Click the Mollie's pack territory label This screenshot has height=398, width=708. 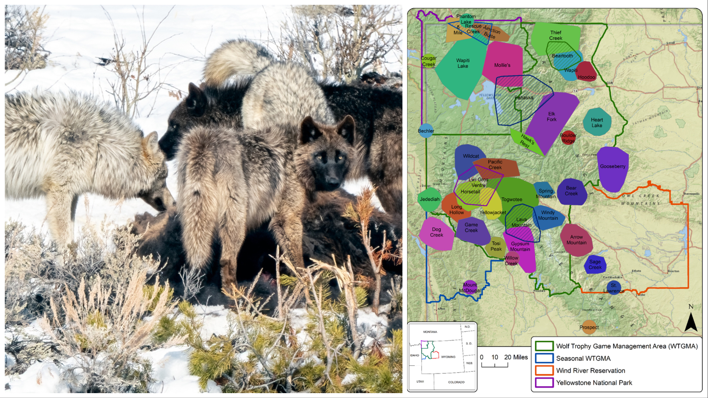point(502,65)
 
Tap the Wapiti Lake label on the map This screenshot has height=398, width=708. point(463,63)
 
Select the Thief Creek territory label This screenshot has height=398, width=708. point(556,35)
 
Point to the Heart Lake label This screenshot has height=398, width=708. point(597,122)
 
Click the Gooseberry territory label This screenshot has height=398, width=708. point(612,167)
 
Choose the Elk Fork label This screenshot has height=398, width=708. point(551,117)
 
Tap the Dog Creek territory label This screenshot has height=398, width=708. point(436,232)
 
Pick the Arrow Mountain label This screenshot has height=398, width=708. point(576,240)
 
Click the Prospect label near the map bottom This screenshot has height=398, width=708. point(589,328)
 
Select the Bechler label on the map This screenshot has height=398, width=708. point(426,131)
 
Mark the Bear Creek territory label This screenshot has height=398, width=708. point(571,191)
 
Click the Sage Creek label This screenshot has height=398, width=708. point(595,264)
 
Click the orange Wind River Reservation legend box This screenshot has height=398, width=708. point(544,371)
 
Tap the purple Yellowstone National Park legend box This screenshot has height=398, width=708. point(544,383)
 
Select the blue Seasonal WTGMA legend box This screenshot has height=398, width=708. point(544,358)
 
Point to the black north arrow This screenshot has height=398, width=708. point(691,322)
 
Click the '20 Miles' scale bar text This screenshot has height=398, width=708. point(516,357)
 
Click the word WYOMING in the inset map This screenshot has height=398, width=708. point(448,357)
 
